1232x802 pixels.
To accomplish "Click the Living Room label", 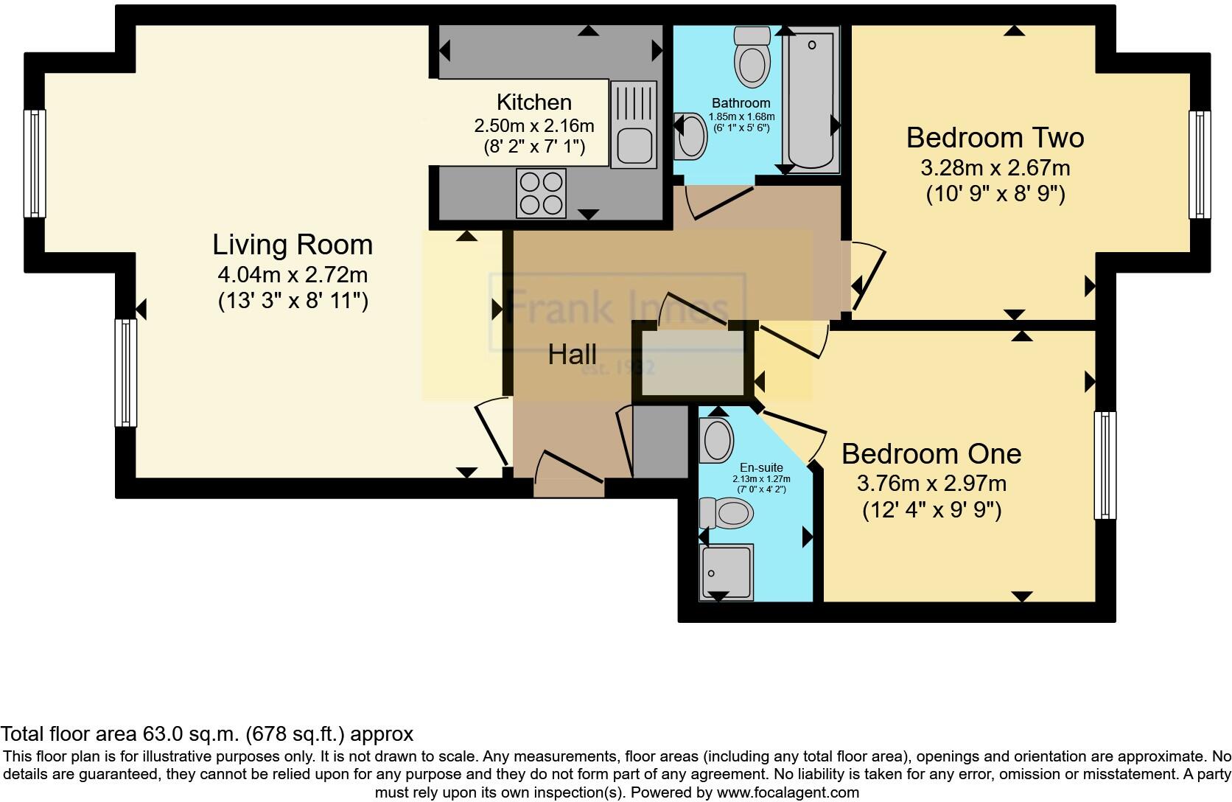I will tap(293, 245).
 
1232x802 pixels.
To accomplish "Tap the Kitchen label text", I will tap(533, 102).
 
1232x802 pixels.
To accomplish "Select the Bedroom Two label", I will tap(995, 138).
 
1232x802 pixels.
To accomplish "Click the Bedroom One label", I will tap(931, 453).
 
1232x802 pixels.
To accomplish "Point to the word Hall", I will tap(572, 355).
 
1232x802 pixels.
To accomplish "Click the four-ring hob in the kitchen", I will tap(541, 193).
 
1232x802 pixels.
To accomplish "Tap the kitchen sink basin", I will tap(633, 144).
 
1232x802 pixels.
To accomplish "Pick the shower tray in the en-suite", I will tap(727, 572).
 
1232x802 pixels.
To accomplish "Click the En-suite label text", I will tap(761, 467).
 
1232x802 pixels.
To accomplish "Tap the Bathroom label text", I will tap(741, 103).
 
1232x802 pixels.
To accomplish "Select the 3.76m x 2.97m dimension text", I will tap(931, 484).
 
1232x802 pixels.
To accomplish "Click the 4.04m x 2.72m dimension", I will tap(293, 275).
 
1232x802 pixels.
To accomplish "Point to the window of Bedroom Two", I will tap(1200, 164).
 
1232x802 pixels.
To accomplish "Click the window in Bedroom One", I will tap(1105, 464).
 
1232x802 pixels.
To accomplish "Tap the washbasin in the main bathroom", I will tap(691, 136).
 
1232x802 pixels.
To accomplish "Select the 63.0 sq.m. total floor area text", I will tap(206, 734).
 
